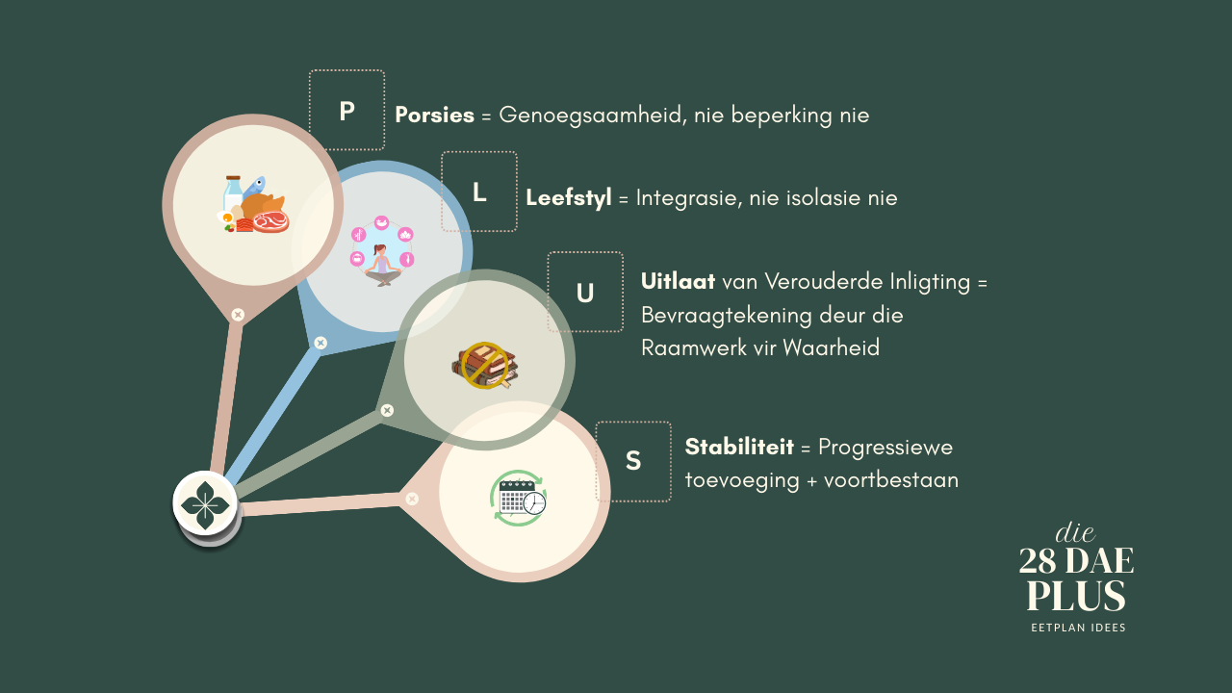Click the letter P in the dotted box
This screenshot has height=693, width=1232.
pos(346,112)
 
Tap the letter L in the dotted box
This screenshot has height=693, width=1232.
pos(479,192)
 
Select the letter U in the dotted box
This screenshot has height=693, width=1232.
pos(585,293)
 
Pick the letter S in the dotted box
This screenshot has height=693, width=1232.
pos(633,461)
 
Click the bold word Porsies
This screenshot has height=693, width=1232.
pos(434,115)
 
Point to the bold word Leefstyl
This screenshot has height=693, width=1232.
pos(568,198)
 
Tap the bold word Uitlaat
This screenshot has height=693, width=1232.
pos(678,282)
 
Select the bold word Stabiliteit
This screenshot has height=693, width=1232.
pos(738,448)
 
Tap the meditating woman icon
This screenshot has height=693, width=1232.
pos(382,252)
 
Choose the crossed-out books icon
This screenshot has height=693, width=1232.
pos(484,365)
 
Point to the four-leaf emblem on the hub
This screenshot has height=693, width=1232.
pos(205,502)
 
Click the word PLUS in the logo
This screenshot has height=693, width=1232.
pos(1076,597)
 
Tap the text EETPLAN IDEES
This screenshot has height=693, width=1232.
pos(1078,628)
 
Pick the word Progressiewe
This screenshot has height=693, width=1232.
pos(885,448)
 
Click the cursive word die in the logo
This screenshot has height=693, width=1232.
pos(1075,532)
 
